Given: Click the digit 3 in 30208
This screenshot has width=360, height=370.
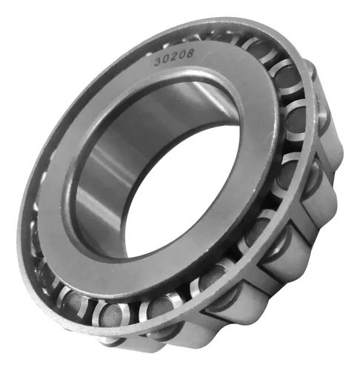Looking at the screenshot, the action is click(159, 62).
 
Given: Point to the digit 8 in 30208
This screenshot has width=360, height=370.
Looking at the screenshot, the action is click(189, 53).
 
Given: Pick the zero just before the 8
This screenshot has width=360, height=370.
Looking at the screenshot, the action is click(182, 55).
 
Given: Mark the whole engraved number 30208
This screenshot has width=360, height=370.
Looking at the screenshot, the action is click(174, 57).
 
